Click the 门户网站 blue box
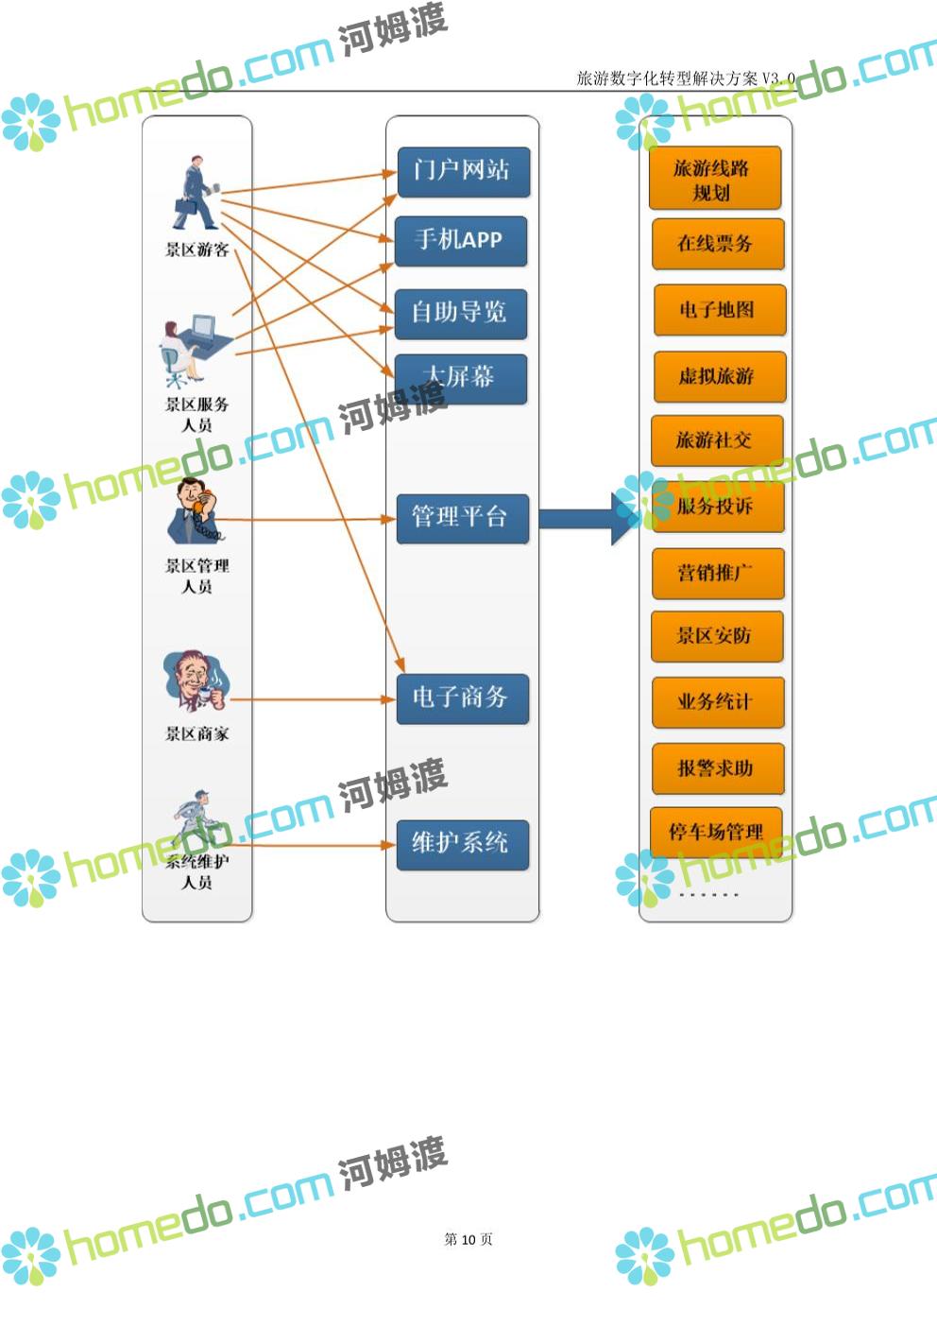[462, 171]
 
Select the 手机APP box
[460, 241]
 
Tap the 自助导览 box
[460, 313]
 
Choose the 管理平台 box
[461, 518]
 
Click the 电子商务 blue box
[461, 698]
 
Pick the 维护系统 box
[461, 843]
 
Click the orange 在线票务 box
[717, 244]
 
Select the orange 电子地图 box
[719, 310]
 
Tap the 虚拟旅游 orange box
[718, 376]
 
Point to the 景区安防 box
[716, 636]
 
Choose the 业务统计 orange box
[717, 702]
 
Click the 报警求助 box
[717, 768]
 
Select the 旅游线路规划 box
[714, 179]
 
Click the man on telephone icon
[196, 510]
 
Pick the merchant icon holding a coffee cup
[196, 680]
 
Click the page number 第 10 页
[468, 1239]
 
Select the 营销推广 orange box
[717, 573]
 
